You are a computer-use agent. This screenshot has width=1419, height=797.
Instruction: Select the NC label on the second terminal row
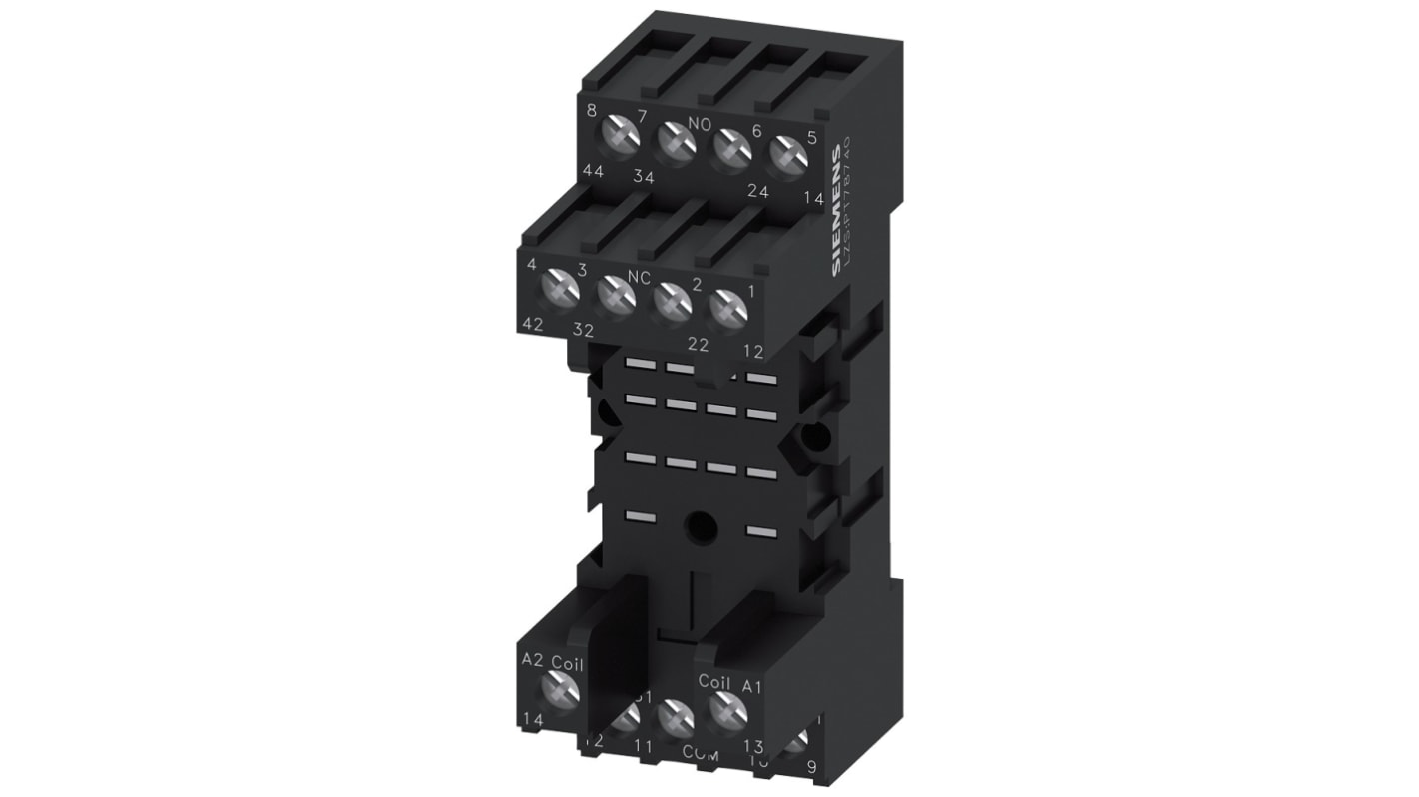click(639, 275)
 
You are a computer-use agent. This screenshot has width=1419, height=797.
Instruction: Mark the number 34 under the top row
click(643, 178)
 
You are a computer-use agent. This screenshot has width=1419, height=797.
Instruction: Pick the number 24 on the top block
click(758, 192)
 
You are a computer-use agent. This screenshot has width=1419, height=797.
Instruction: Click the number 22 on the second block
click(698, 345)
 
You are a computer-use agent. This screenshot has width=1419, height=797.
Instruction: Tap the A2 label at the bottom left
click(531, 660)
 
